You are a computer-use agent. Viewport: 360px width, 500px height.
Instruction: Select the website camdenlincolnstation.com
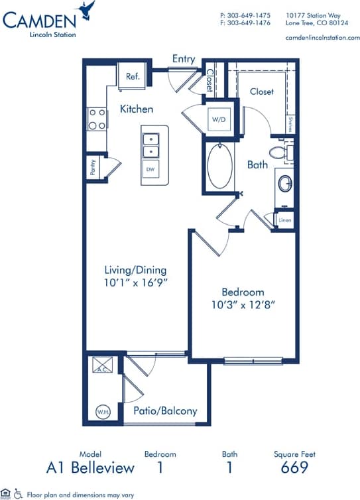click(x=322, y=38)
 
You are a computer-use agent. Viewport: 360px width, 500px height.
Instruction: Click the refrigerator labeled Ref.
click(x=133, y=76)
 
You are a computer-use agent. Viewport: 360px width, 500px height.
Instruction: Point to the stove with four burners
click(x=97, y=119)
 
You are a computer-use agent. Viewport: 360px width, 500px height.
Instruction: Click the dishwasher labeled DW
click(x=150, y=169)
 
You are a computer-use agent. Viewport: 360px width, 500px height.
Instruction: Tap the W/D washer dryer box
click(x=219, y=119)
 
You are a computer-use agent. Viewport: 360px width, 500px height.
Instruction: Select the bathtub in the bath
click(x=219, y=166)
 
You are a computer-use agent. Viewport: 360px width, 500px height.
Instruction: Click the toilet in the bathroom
click(x=282, y=153)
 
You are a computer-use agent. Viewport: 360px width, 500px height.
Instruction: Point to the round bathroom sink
click(x=286, y=182)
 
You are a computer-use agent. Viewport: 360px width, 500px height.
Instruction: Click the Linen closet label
click(x=285, y=219)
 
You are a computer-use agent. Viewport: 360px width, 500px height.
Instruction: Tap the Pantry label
click(x=92, y=166)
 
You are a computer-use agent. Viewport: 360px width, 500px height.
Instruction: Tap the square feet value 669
click(x=294, y=468)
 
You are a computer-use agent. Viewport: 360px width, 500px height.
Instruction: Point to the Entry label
click(x=184, y=59)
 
